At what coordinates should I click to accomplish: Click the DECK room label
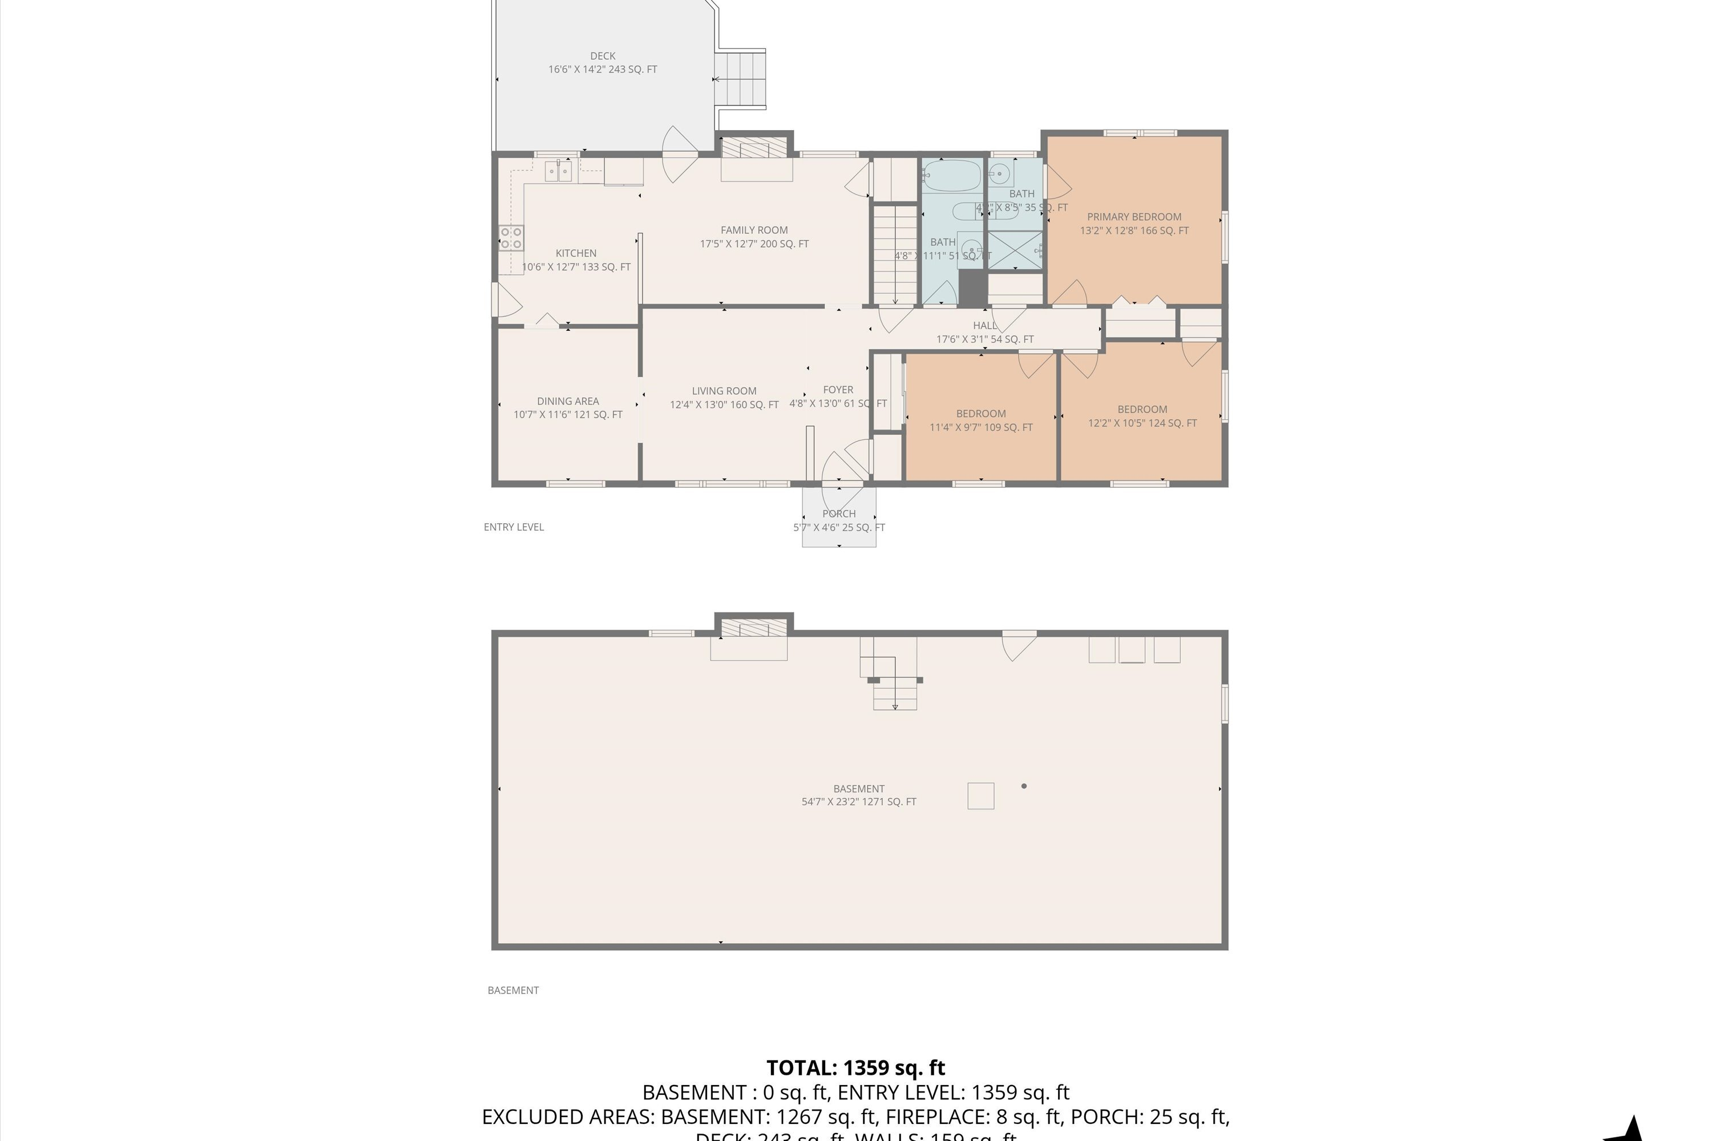pos(602,56)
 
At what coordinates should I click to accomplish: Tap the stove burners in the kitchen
pos(511,238)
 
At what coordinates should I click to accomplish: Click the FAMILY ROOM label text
pos(753,230)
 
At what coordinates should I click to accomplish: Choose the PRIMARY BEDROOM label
pos(1133,217)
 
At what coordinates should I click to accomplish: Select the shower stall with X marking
pos(1015,250)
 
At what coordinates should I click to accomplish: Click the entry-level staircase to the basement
pos(895,254)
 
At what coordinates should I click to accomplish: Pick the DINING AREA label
pos(568,401)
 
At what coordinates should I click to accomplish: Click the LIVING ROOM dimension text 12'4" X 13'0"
pos(724,404)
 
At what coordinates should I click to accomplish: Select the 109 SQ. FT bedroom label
pos(980,420)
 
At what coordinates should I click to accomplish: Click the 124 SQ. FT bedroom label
pos(1141,416)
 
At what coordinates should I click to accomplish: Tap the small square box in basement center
pos(980,795)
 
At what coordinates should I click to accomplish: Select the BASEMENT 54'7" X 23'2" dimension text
pos(858,802)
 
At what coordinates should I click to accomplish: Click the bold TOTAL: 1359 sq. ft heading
pos(855,1067)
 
